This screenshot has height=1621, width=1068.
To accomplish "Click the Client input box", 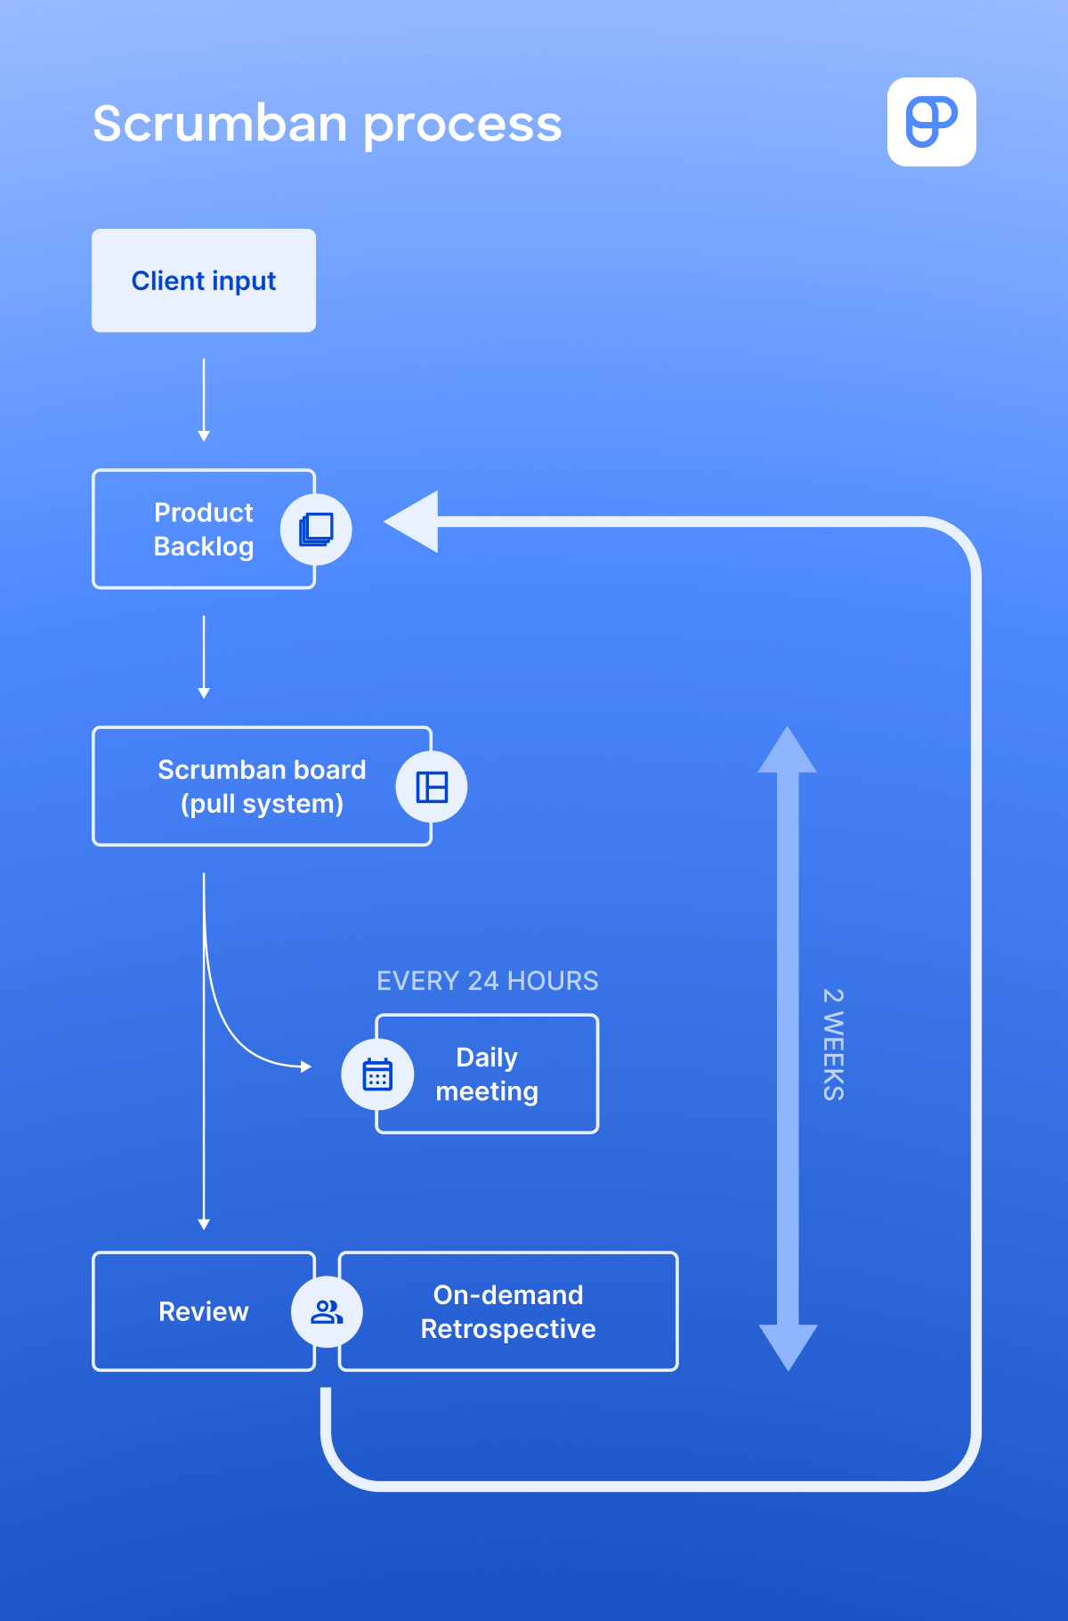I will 204,280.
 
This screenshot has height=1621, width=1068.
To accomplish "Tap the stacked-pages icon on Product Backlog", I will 316,529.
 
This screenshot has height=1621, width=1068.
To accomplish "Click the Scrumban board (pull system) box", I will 249,786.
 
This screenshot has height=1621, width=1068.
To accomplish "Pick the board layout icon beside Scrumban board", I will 432,787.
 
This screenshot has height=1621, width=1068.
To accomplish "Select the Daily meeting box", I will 498,1074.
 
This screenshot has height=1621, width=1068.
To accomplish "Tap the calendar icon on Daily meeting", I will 377,1074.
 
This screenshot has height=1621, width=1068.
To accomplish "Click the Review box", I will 196,1311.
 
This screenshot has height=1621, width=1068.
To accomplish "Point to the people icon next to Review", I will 327,1311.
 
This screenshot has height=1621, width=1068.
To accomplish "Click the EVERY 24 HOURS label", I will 487,981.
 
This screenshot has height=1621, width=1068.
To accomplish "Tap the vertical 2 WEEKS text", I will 833,1045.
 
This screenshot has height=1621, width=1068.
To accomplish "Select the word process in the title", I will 463,126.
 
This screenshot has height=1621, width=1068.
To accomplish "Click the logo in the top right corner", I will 931,122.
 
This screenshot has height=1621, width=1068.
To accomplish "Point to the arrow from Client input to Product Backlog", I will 204,398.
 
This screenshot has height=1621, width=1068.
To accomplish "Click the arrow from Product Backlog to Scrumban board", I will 204,655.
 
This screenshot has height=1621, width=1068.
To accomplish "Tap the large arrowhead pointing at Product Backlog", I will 415,522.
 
